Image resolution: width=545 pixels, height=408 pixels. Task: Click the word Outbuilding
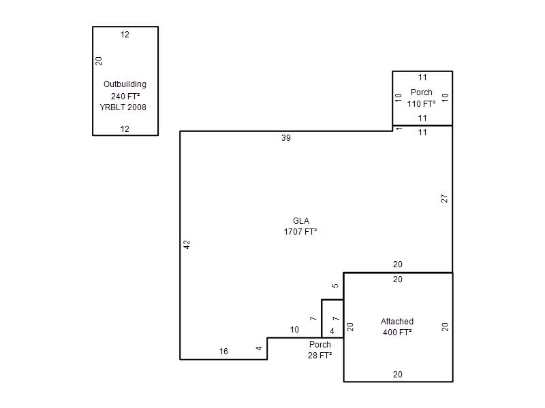(125, 84)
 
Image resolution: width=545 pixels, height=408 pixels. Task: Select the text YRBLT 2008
(123, 107)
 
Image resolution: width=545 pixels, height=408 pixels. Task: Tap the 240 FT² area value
(125, 96)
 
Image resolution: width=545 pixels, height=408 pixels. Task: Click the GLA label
(301, 220)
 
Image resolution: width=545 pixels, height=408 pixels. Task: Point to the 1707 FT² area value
(300, 231)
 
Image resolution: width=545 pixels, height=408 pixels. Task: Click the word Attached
(397, 321)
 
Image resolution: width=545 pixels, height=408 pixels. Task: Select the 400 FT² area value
(397, 332)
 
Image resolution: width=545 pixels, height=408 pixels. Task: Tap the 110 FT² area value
(421, 104)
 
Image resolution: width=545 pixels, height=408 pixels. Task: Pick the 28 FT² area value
(320, 355)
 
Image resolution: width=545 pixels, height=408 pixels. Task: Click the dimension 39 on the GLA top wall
(286, 138)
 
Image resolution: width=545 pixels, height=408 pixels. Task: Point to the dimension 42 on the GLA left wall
(187, 245)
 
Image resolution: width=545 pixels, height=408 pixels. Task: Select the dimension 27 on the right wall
(444, 199)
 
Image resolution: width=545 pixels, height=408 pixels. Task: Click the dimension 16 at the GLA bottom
(223, 352)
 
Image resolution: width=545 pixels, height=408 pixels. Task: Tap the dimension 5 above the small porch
(335, 286)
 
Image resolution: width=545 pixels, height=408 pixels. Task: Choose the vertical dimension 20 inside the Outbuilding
(99, 61)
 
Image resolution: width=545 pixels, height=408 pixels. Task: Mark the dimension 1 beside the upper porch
(399, 129)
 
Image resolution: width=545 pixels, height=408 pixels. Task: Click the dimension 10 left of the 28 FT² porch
(294, 330)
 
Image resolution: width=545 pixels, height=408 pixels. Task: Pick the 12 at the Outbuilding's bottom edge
(125, 129)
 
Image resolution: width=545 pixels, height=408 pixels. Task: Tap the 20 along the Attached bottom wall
(398, 375)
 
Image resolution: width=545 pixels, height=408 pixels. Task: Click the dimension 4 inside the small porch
(332, 331)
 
